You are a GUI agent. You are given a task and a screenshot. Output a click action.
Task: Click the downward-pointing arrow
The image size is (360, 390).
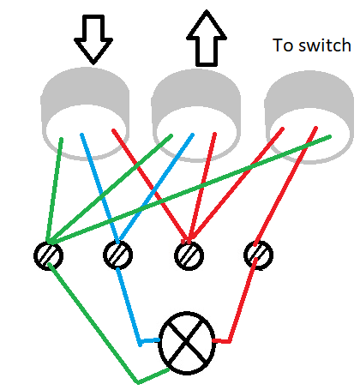pos(93,38)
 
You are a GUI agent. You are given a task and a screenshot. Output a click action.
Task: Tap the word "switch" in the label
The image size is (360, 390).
pos(323,45)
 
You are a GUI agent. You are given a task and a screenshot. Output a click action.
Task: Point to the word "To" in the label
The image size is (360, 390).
pos(282,45)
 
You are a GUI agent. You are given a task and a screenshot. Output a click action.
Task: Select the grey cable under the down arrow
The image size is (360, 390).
pos(86,99)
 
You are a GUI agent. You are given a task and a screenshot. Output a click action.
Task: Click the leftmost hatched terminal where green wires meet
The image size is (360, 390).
pos(49,255)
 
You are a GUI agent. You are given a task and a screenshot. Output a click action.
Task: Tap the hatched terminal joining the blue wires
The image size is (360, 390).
pos(117,255)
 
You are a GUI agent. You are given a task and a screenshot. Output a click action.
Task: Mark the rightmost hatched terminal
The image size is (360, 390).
pos(257,254)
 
